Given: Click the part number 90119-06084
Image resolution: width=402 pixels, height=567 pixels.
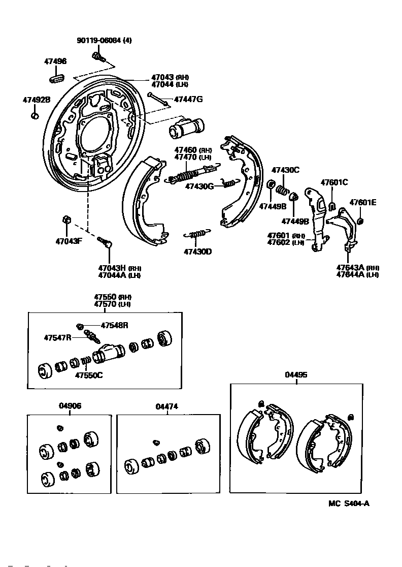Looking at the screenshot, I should pos(99,40).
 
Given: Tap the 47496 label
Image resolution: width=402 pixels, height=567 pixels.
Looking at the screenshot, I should pos(55,61).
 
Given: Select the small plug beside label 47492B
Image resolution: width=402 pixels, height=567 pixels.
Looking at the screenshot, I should pos(35,116).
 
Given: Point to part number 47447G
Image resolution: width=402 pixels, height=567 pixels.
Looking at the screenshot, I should pos(188,99).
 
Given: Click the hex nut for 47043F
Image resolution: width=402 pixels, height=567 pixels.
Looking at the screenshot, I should pos(65,219).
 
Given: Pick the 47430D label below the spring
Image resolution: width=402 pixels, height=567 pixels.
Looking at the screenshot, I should pos(197,251).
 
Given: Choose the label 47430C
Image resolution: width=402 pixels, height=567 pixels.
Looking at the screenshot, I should pos(285,170).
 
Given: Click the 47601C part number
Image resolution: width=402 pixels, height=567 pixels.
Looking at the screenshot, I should pos(334,182).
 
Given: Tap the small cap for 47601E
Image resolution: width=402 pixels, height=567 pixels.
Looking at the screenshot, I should pos(361,221).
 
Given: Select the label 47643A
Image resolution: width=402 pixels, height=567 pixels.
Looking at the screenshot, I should pos(350,268).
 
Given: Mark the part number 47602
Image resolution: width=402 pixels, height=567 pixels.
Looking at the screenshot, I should pos(278,242).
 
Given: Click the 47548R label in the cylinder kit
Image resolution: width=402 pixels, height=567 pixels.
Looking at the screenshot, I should pos(114,325).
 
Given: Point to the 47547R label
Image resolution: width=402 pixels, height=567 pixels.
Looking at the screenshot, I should pos(57,337).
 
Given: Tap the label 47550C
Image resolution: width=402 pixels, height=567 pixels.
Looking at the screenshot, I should pos(89,376).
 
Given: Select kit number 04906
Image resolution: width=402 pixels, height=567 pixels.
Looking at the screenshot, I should pos(70,406).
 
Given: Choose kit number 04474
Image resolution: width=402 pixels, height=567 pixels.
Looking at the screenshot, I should pos(167,406).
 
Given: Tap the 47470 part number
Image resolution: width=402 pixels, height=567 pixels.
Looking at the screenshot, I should pos(185,157).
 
